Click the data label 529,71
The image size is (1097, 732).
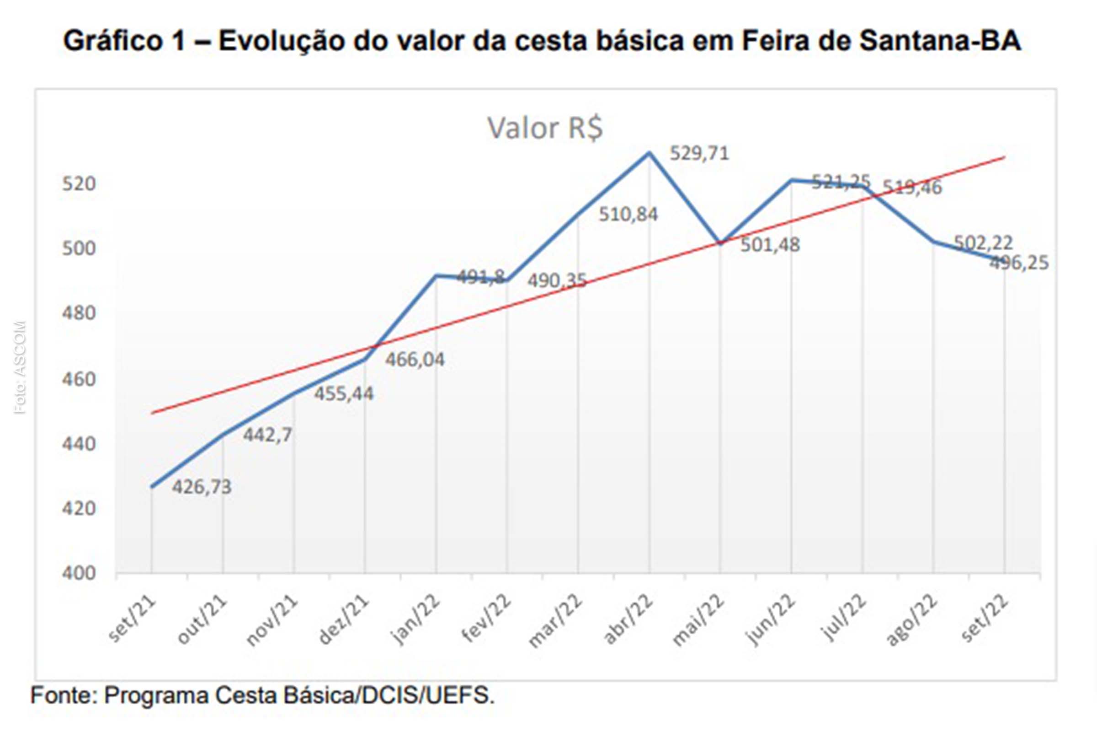pos(699,154)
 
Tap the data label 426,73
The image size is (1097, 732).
pos(202,487)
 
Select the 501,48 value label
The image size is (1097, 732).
pos(770,245)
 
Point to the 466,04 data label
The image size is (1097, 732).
pos(415,360)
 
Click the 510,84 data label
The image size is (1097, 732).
pos(628,215)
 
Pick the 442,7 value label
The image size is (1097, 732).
pos(267,435)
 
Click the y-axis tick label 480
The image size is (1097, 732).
pos(78,313)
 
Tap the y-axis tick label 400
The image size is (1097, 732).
pos(78,573)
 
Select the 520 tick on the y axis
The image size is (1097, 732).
pos(78,184)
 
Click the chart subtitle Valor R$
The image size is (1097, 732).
pos(545,128)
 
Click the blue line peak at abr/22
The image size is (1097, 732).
pos(649,153)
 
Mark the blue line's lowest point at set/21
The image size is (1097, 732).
pos(152,487)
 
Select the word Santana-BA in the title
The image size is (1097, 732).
pos(940,41)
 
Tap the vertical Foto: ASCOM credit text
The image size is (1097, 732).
pos(20,367)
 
